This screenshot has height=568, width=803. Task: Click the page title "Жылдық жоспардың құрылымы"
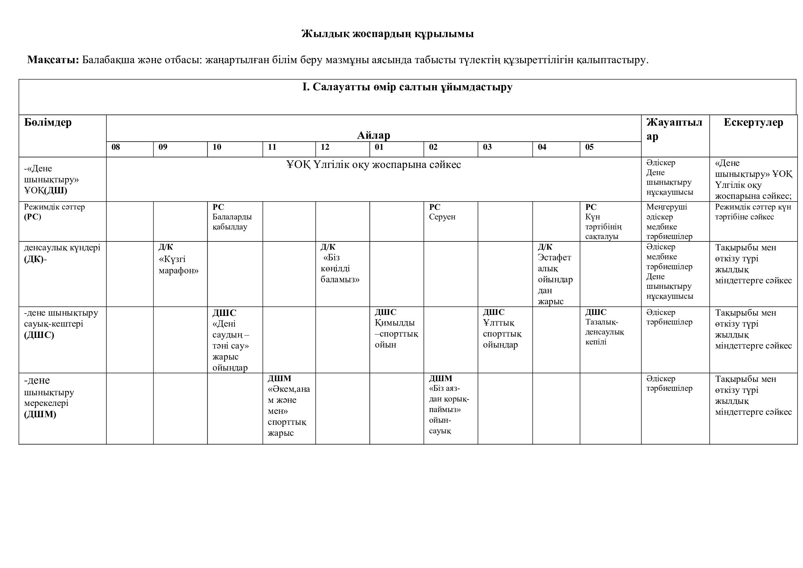(x=388, y=34)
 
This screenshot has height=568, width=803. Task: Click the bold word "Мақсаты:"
(x=53, y=60)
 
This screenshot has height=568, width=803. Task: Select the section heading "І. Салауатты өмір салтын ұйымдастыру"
(x=407, y=87)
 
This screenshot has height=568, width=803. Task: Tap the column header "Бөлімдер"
(x=48, y=122)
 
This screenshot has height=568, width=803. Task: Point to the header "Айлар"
(x=374, y=135)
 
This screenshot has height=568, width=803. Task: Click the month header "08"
(x=116, y=147)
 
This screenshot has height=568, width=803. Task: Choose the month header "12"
(x=325, y=147)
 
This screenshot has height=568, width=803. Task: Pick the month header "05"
(x=589, y=147)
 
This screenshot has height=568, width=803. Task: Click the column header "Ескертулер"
(x=753, y=122)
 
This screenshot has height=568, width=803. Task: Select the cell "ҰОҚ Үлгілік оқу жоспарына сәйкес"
(x=374, y=164)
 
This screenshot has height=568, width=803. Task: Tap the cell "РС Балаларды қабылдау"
(x=232, y=217)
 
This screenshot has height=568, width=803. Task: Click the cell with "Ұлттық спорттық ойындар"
(x=502, y=329)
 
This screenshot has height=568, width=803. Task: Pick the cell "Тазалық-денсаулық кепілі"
(x=604, y=327)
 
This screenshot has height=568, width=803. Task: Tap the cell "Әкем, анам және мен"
(x=288, y=406)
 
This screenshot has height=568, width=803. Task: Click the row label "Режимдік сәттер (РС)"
(x=54, y=212)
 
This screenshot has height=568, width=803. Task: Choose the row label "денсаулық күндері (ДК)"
(x=62, y=253)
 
